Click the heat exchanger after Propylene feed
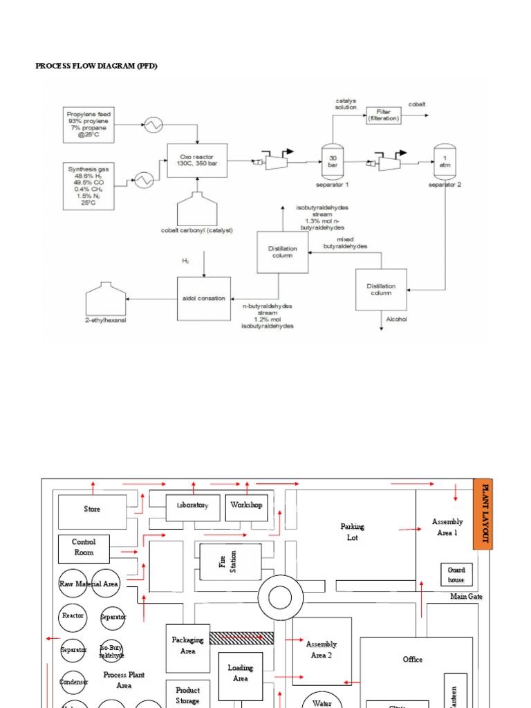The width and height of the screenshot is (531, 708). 152,124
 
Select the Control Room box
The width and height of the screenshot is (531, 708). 84,549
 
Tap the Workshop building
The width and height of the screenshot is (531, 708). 246,506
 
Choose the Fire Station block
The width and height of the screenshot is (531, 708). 230,561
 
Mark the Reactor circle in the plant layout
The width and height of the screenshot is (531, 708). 73,615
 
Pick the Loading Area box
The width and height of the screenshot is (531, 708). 240,673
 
